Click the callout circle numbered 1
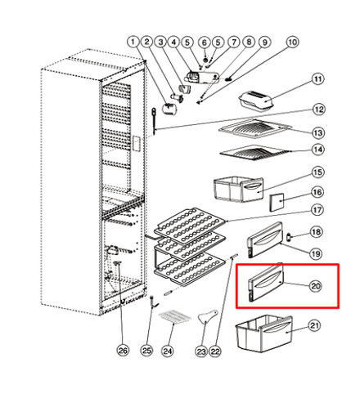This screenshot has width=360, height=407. pyautogui.click(x=133, y=42)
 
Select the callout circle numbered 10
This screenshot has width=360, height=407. pyautogui.click(x=292, y=42)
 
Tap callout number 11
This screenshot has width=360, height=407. pyautogui.click(x=318, y=79)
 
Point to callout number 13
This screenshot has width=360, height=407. pyautogui.click(x=318, y=133)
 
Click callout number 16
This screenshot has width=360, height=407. pyautogui.click(x=317, y=193)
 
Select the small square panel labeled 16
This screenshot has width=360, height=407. pyautogui.click(x=277, y=203)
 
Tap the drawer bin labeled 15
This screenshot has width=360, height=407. pyautogui.click(x=239, y=189)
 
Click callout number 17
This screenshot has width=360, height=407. pyautogui.click(x=317, y=210)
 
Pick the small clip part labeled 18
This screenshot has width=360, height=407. pyautogui.click(x=289, y=237)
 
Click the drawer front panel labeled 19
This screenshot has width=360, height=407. pyautogui.click(x=265, y=239)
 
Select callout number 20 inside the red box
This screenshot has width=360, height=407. pyautogui.click(x=316, y=286)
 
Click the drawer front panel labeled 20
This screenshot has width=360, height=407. pyautogui.click(x=266, y=282)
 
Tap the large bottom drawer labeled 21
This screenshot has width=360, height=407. pyautogui.click(x=264, y=333)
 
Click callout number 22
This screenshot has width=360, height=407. pyautogui.click(x=215, y=351)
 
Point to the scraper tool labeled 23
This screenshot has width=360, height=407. pyautogui.click(x=208, y=317)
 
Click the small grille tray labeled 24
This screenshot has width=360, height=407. pyautogui.click(x=175, y=317)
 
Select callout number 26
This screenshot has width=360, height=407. pyautogui.click(x=123, y=350)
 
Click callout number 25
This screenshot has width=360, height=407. pyautogui.click(x=146, y=351)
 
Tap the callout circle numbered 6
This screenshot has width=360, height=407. pyautogui.click(x=205, y=42)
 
